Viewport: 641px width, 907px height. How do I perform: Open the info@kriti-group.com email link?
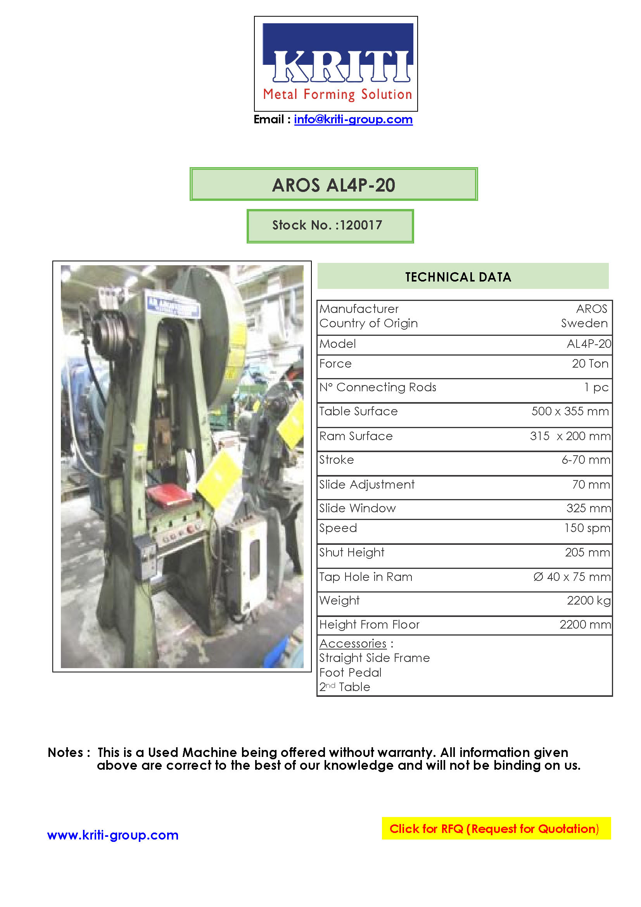tap(353, 119)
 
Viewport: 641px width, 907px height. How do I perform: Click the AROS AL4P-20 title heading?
tap(333, 185)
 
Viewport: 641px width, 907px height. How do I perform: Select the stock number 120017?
tap(361, 225)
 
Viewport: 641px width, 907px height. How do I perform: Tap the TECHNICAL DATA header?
tap(458, 277)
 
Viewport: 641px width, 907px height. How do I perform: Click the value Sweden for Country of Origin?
tap(584, 323)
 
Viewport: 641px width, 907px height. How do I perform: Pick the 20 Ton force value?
tap(590, 363)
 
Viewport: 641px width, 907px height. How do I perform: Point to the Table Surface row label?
tap(358, 411)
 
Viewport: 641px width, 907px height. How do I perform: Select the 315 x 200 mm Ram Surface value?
tap(570, 436)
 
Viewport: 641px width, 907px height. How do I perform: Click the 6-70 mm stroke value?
tap(586, 460)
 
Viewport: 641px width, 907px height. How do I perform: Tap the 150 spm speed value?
tap(587, 528)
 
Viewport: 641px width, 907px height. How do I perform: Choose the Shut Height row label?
tap(351, 552)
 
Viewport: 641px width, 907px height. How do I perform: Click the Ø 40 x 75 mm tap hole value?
tap(572, 577)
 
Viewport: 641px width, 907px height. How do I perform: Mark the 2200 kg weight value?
tap(589, 600)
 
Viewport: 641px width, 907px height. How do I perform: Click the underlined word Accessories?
tap(353, 644)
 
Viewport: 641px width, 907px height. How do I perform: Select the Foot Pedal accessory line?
tap(350, 672)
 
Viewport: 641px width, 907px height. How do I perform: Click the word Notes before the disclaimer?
tap(66, 752)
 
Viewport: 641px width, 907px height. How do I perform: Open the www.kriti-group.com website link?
tap(113, 835)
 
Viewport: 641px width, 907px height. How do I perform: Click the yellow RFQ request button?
tap(496, 828)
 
